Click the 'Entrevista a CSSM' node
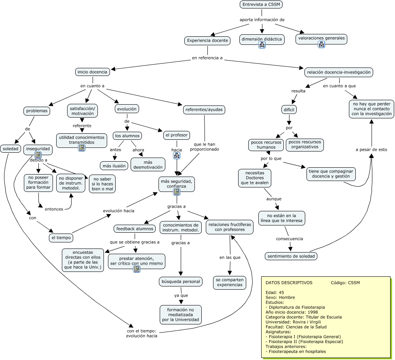pyautogui.click(x=261, y=4)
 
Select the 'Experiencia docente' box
pyautogui.click(x=208, y=40)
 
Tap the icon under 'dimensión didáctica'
pyautogui.click(x=262, y=45)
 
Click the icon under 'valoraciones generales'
pyautogui.click(x=321, y=44)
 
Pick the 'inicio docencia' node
pyautogui.click(x=93, y=72)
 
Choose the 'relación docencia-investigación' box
pyautogui.click(x=339, y=72)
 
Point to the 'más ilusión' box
pyautogui.click(x=114, y=165)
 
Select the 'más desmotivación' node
pyautogui.click(x=148, y=164)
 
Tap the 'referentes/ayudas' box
pyautogui.click(x=204, y=109)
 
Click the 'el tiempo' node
pyautogui.click(x=61, y=238)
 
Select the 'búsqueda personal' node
pyautogui.click(x=180, y=281)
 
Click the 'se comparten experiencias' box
pyautogui.click(x=230, y=282)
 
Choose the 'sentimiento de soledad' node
pyautogui.click(x=291, y=256)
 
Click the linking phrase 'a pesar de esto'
pyautogui.click(x=371, y=149)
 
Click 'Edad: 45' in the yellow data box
pyautogui.click(x=275, y=292)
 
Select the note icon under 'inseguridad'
pyautogui.click(x=38, y=155)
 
